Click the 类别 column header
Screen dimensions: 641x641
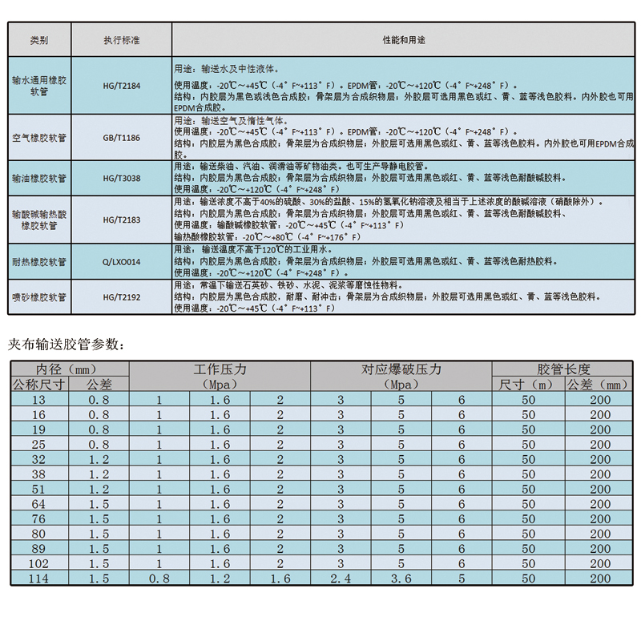coord(39,39)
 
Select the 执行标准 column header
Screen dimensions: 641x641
coord(121,39)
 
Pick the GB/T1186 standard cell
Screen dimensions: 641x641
coord(121,138)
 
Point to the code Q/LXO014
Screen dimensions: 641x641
coord(121,261)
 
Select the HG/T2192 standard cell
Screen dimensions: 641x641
coord(121,296)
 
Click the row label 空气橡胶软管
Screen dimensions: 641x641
coord(39,138)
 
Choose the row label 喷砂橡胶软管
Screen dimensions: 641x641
coord(39,296)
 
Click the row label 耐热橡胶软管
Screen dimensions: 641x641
coord(39,261)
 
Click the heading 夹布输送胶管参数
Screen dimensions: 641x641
coord(66,345)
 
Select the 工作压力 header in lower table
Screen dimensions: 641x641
coord(220,369)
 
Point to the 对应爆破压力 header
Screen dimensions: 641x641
coord(401,369)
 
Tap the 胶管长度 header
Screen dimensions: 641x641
coord(563,369)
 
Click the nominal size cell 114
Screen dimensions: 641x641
coord(38,579)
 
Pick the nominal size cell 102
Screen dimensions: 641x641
coord(38,563)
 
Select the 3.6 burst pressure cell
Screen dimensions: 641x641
coord(401,579)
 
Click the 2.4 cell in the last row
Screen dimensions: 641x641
coord(340,579)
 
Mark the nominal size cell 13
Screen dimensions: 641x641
coord(38,399)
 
